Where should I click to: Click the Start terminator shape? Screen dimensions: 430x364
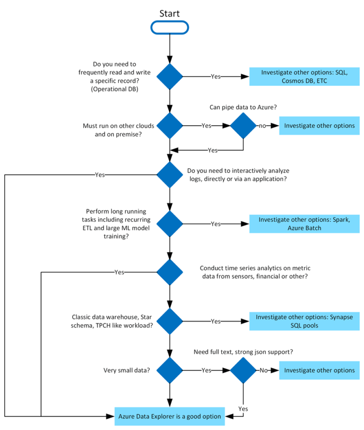coord(170,28)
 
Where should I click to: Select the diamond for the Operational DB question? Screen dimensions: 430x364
coord(170,76)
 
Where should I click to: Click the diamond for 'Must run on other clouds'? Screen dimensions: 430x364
coord(170,126)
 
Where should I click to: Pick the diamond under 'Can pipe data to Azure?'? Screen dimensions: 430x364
coord(243,126)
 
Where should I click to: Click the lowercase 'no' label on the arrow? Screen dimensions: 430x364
coord(262,126)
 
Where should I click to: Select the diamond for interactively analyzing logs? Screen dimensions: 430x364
coord(170,175)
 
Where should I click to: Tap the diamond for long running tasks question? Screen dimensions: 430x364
coord(170,224)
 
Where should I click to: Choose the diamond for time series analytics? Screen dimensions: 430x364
coord(170,272)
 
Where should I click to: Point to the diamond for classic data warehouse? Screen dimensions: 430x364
coord(170,321)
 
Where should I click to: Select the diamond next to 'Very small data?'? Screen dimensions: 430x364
coord(170,370)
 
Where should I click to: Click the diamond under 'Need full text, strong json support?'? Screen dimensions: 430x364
coord(243,370)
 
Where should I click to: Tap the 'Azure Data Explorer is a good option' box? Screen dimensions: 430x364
coord(170,416)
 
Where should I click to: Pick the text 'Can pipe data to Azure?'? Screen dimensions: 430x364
coord(243,107)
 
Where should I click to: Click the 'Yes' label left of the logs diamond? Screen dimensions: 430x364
coord(100,175)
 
